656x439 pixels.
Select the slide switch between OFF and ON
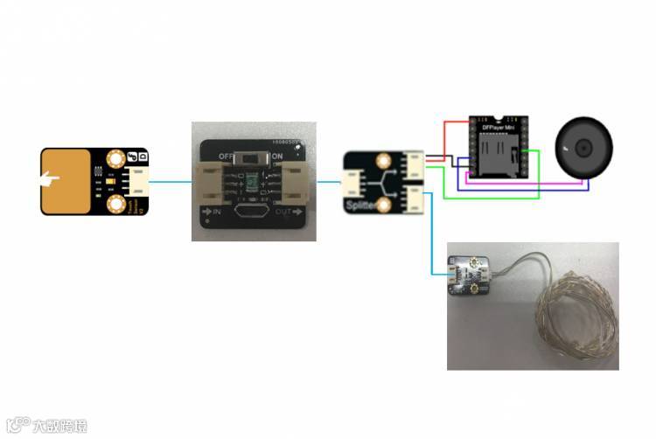pos(254,157)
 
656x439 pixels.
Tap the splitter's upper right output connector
pos(412,164)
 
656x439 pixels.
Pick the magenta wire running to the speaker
pos(525,184)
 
